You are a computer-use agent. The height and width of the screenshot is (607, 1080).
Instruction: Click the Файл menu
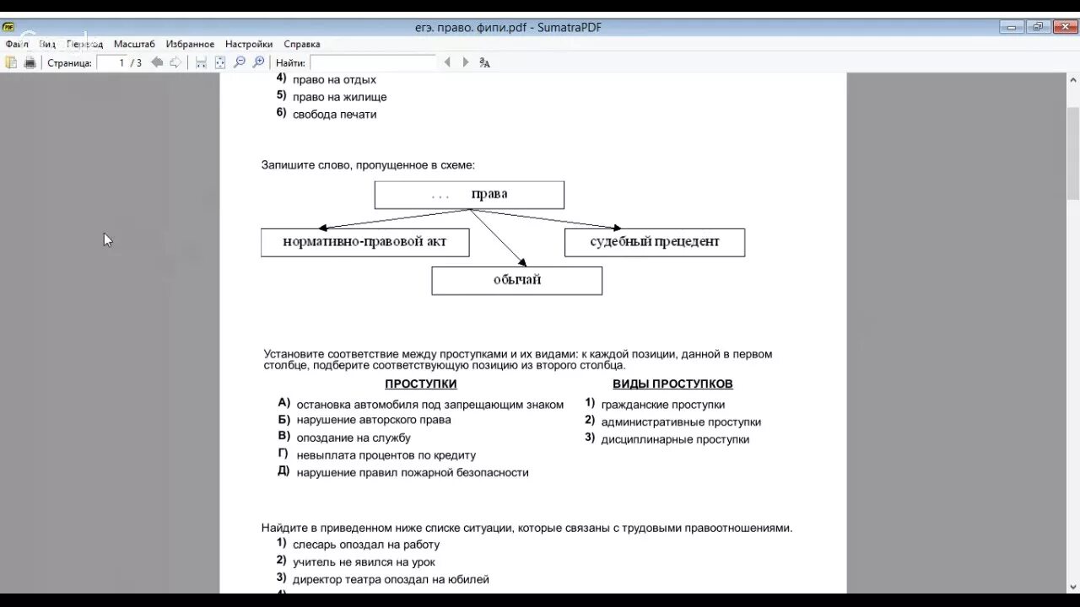(17, 44)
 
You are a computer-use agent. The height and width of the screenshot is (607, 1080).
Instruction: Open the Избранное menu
(190, 44)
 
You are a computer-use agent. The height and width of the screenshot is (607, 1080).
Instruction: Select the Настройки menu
(249, 44)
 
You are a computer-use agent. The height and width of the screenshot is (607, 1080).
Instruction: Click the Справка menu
(302, 44)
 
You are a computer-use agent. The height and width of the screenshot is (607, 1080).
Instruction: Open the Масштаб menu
(134, 44)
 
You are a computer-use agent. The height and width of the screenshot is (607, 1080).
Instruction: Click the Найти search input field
(372, 62)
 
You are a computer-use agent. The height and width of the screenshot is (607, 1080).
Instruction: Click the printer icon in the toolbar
(30, 62)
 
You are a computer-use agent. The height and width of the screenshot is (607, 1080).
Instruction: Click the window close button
(1065, 27)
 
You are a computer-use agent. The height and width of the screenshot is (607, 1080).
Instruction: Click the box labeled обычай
(516, 280)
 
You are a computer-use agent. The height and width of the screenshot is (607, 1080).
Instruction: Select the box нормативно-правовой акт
(364, 242)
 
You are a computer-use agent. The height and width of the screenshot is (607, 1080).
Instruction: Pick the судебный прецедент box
(654, 242)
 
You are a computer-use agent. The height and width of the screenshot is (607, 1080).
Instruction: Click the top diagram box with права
(469, 195)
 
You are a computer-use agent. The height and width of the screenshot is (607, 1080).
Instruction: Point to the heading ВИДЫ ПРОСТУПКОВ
(672, 384)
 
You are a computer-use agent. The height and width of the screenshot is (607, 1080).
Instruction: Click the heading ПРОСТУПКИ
(420, 384)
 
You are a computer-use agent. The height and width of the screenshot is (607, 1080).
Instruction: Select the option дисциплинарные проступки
(675, 439)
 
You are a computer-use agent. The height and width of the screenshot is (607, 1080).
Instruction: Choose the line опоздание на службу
(354, 438)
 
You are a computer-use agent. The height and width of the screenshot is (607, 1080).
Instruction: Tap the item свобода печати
(334, 115)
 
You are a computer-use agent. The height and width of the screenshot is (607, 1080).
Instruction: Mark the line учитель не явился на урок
(364, 562)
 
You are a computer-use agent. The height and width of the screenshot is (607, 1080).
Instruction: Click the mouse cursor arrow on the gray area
(107, 239)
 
